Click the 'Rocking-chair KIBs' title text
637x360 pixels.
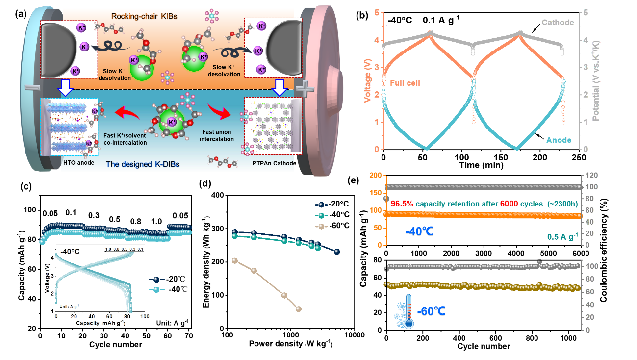tap(144, 16)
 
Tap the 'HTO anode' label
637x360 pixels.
tap(76, 161)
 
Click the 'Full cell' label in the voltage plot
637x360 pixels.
tap(405, 83)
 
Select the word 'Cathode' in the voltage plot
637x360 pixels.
tap(558, 23)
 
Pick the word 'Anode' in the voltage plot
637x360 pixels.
tap(559, 140)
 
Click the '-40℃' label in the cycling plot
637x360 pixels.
tap(419, 231)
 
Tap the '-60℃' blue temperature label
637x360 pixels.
tap(431, 312)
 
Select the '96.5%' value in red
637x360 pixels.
tap(403, 203)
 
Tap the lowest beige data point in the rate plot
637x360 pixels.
tap(299, 309)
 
